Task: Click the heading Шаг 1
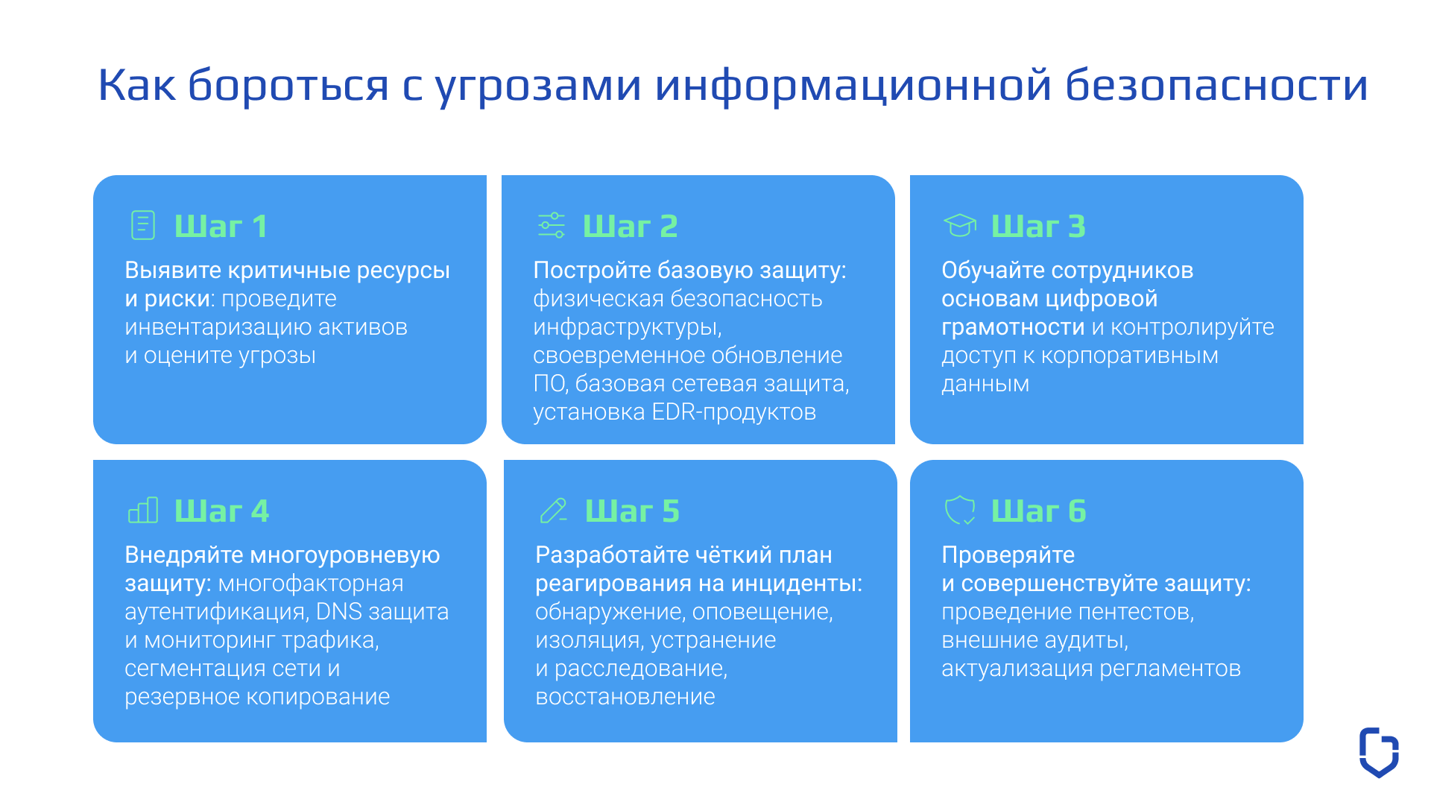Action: coord(221,226)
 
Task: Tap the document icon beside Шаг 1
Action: coord(143,225)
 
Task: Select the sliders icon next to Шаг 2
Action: coord(552,225)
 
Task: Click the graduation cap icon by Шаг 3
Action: coord(959,225)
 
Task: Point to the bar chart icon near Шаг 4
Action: coord(143,511)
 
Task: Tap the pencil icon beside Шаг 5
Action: coord(553,511)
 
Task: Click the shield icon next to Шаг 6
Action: coord(959,511)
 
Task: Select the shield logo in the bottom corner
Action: coord(1379,752)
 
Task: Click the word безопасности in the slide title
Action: coord(1216,85)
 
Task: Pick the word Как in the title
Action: coord(137,85)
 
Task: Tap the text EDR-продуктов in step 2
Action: coord(733,412)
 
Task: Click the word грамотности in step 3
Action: coord(1013,327)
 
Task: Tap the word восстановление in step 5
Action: coord(625,697)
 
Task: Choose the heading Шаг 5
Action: coord(632,511)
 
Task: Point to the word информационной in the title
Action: coord(853,85)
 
